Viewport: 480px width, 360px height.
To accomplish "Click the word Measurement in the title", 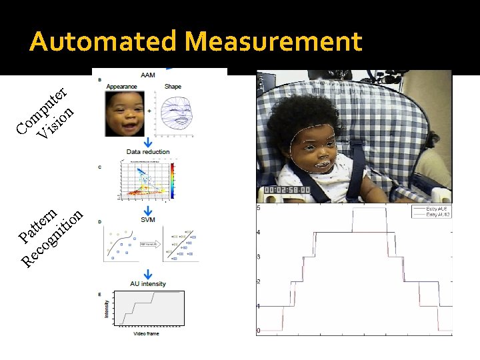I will (273, 42).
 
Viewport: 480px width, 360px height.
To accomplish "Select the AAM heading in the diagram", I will (148, 75).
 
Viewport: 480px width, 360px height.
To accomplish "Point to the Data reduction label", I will (148, 152).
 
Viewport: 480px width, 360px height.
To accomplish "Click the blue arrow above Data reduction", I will (148, 141).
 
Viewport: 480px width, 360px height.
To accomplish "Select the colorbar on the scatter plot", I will (173, 180).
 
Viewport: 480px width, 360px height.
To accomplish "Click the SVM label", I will (148, 219).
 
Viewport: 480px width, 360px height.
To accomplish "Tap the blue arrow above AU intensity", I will (148, 273).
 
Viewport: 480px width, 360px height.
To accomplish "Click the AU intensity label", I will (148, 284).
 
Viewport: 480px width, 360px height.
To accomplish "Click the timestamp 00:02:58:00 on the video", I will (287, 190).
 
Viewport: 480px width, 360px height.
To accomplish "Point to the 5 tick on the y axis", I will (259, 208).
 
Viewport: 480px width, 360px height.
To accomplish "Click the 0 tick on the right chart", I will (259, 331).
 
